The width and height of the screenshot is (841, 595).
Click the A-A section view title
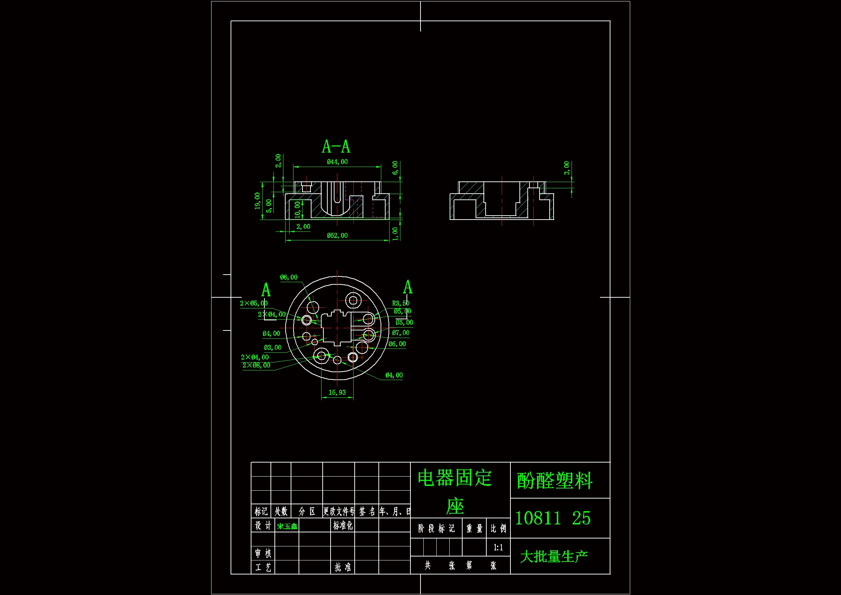tap(336, 147)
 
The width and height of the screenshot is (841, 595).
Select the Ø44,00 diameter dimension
tap(337, 162)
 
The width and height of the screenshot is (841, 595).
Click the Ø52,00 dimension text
tap(337, 235)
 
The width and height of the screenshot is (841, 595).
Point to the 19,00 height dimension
tap(258, 201)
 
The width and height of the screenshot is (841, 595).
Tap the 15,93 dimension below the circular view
tap(337, 392)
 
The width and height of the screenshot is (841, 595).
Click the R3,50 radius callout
tap(401, 303)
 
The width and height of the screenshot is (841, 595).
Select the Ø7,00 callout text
tap(401, 333)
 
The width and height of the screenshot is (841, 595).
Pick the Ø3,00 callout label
tap(273, 347)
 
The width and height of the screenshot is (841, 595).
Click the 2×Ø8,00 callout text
tap(256, 365)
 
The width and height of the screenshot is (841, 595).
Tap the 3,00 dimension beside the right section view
tap(567, 168)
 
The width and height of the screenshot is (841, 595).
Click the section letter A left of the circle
tap(266, 290)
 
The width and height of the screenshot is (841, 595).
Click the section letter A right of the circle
tap(408, 287)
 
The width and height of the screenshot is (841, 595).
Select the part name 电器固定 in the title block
tap(455, 478)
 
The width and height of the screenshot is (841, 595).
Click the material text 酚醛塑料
tap(554, 481)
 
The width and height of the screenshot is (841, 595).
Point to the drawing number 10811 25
tap(553, 518)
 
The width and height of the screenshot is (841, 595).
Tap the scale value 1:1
tap(498, 547)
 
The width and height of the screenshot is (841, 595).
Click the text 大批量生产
tap(554, 556)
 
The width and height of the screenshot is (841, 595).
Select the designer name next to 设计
tap(287, 527)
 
